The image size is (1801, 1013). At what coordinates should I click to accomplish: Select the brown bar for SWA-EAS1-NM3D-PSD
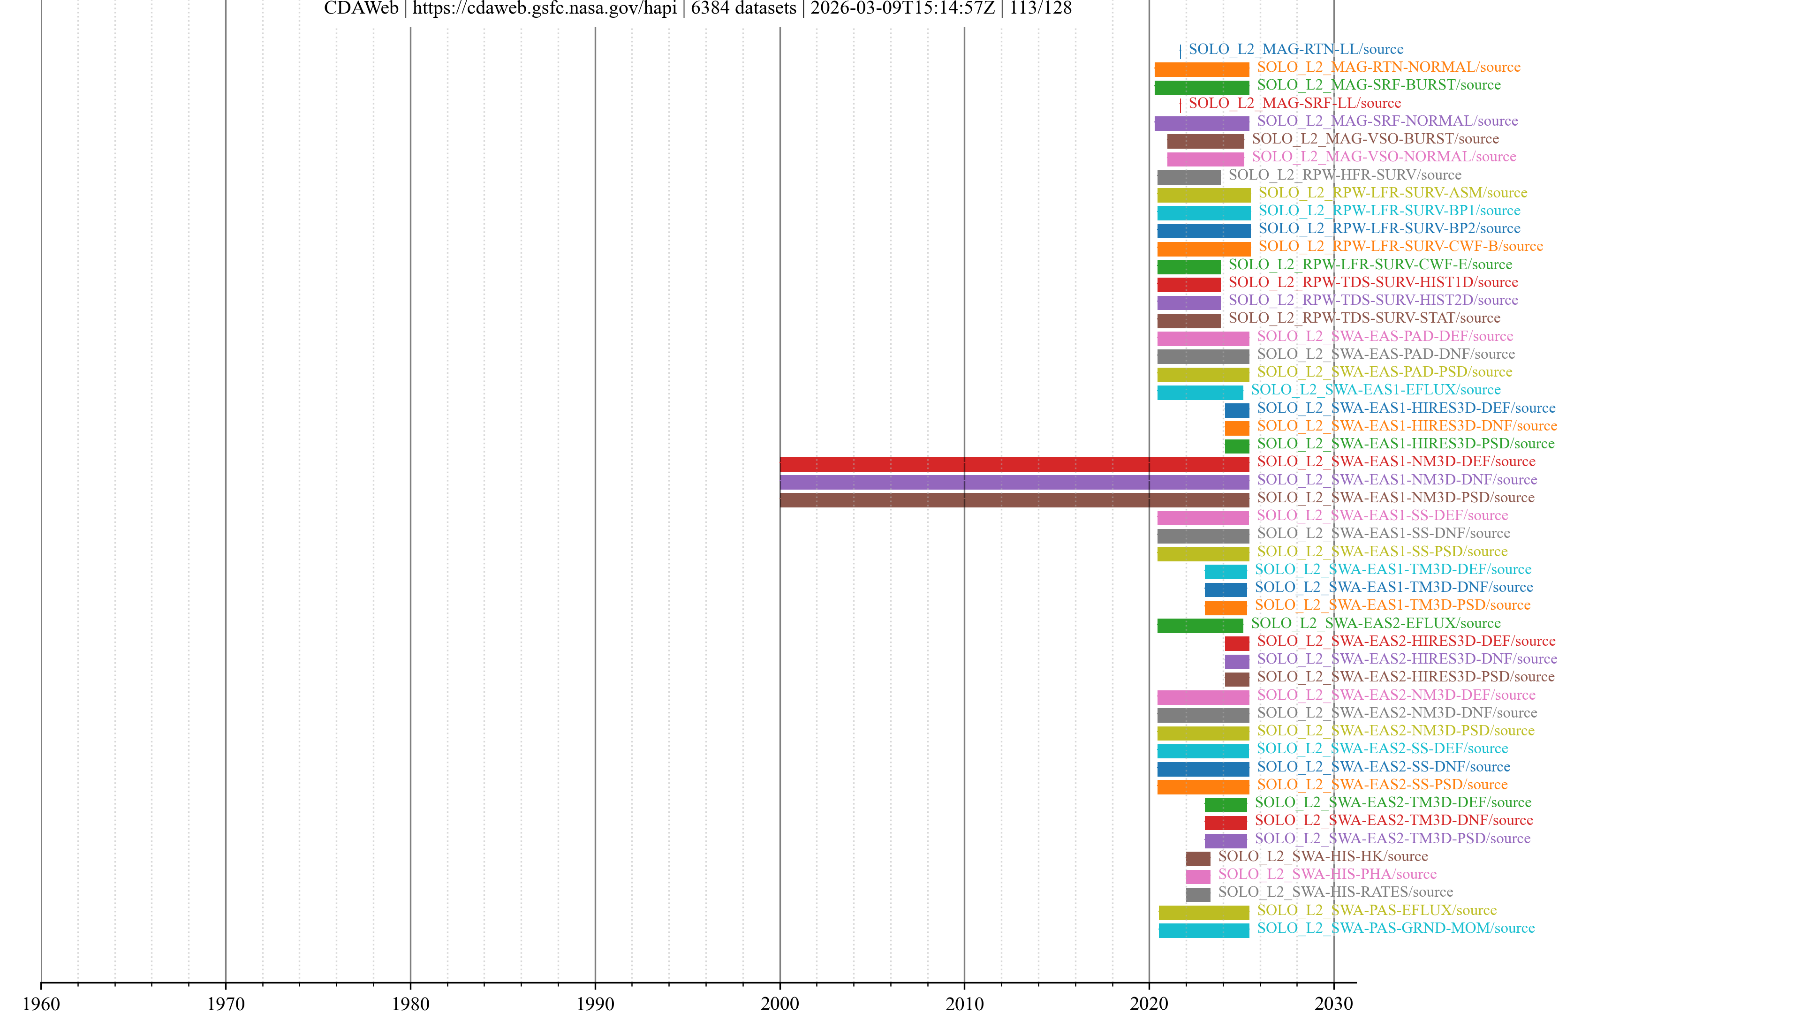click(1014, 500)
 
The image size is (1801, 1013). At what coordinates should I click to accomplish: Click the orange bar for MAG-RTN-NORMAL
click(1201, 70)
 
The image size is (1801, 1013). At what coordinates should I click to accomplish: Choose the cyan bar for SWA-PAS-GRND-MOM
click(1203, 930)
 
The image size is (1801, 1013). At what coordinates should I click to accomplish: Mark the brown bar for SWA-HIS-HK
click(1198, 859)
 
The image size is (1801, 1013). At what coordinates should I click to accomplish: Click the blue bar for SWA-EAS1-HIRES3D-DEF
click(1236, 410)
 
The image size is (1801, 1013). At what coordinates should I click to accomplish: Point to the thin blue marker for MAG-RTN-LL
click(1180, 51)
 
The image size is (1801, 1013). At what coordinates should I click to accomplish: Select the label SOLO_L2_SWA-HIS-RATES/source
click(1335, 892)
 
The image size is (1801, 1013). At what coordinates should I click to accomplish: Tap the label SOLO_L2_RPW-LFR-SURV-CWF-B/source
click(1400, 246)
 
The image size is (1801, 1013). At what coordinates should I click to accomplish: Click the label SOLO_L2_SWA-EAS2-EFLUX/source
click(1375, 623)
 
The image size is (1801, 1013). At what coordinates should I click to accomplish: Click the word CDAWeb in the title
click(361, 9)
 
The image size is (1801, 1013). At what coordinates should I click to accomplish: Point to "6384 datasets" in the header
click(743, 9)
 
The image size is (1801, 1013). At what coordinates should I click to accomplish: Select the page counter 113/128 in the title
click(1040, 9)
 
